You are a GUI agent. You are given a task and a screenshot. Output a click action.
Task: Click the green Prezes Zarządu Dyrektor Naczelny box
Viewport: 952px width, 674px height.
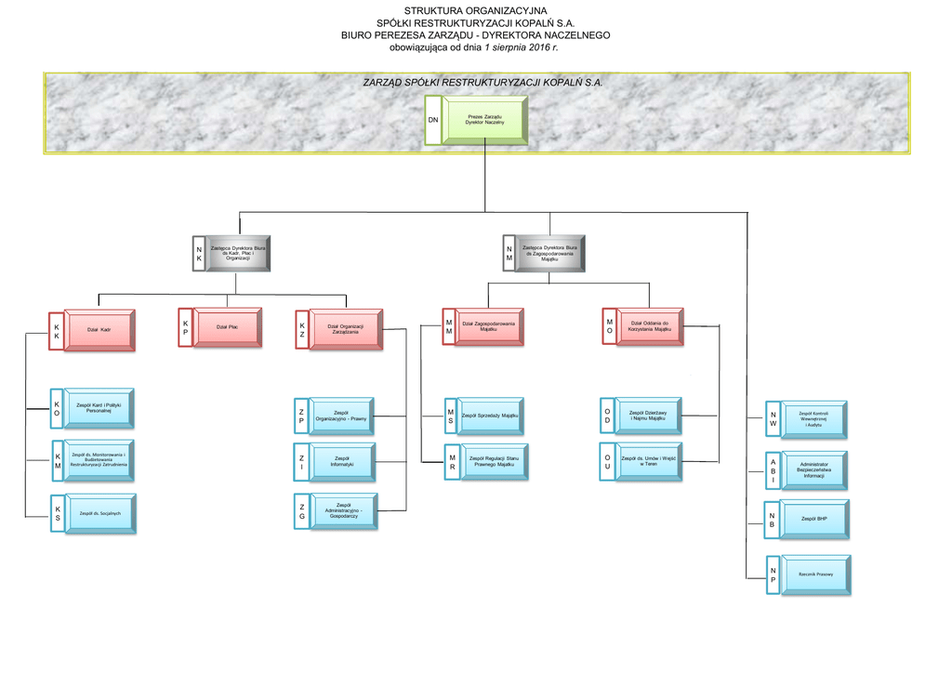tap(484, 120)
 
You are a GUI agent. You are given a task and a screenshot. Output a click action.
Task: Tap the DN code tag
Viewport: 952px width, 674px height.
tap(433, 121)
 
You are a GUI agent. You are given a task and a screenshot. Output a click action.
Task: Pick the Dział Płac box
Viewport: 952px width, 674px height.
tap(227, 327)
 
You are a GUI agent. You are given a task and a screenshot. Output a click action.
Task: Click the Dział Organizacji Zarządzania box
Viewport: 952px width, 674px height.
tap(345, 329)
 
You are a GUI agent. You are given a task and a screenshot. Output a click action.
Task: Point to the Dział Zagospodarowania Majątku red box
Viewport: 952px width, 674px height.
tap(489, 327)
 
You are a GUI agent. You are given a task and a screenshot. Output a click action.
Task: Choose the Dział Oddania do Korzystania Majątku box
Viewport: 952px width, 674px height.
tap(649, 326)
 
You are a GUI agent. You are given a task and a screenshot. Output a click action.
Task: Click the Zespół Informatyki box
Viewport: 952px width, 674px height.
tap(342, 461)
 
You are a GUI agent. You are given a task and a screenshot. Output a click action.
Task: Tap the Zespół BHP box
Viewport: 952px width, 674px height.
tap(814, 520)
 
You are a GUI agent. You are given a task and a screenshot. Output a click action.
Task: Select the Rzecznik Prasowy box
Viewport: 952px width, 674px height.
tap(814, 575)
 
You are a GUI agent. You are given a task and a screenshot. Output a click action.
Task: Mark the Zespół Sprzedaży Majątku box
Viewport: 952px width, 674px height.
tap(490, 416)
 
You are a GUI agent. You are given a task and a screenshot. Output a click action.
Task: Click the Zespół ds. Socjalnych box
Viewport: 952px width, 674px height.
tap(99, 513)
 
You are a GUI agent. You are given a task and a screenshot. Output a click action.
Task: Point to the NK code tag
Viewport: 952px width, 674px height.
tap(199, 252)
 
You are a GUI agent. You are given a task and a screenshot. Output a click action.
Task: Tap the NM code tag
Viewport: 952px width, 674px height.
tap(509, 252)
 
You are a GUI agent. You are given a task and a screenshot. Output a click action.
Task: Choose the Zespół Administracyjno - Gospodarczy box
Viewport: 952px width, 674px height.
tap(343, 510)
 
